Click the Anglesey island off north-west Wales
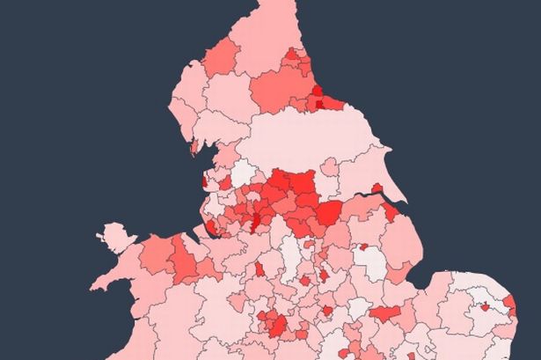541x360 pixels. [x=113, y=237]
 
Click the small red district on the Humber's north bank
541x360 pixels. [x=376, y=188]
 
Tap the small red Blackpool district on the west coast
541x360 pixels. [x=204, y=182]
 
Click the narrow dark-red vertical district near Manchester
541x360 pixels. [x=257, y=217]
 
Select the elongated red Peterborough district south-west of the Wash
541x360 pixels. [x=384, y=312]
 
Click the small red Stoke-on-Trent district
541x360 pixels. [x=260, y=269]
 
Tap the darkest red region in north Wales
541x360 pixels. [x=184, y=261]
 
